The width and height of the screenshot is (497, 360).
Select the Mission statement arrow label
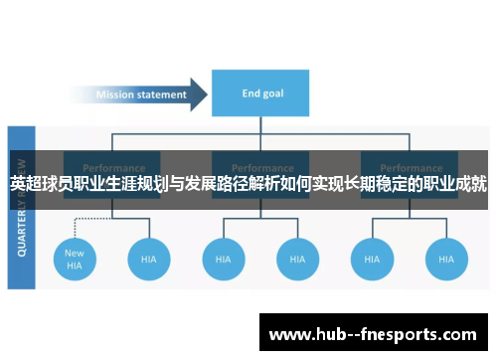point(140,95)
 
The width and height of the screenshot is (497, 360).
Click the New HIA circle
point(75,259)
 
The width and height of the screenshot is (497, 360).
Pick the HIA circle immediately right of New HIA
point(148,259)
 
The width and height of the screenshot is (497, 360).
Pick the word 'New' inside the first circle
point(75,253)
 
